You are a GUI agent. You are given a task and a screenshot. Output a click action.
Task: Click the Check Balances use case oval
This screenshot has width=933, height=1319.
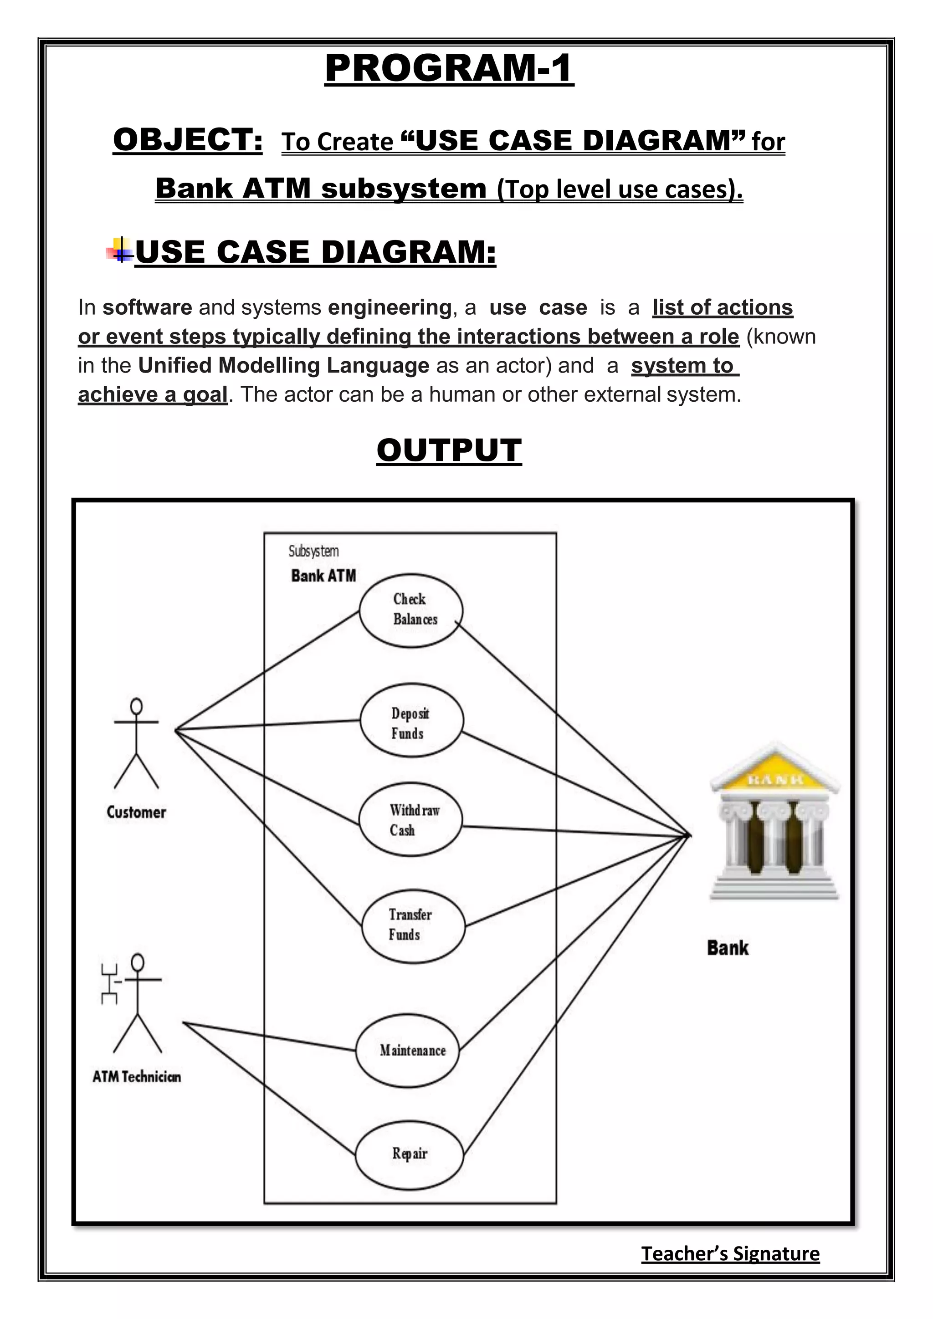pyautogui.click(x=411, y=610)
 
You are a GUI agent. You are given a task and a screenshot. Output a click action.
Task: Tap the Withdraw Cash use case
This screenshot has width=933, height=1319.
pyautogui.click(x=410, y=820)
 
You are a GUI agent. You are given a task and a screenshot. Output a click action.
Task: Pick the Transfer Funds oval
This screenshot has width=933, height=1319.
pyautogui.click(x=412, y=925)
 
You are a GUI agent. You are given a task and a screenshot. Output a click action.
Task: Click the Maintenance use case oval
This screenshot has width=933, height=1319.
pyautogui.click(x=407, y=1051)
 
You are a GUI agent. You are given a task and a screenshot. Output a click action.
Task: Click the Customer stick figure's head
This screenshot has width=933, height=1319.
pyautogui.click(x=136, y=706)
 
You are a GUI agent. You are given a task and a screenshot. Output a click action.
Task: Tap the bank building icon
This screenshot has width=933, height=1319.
pyautogui.click(x=774, y=822)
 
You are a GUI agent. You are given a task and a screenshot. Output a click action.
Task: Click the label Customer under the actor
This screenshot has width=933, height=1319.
pyautogui.click(x=136, y=813)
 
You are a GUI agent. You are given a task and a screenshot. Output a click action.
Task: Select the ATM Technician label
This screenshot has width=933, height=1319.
pyautogui.click(x=137, y=1077)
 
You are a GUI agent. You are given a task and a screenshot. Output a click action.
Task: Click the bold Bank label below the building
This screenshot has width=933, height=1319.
pyautogui.click(x=728, y=948)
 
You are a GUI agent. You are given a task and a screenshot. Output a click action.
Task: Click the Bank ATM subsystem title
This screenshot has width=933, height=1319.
pyautogui.click(x=323, y=576)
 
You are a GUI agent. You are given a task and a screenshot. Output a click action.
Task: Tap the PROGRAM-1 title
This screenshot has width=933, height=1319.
pyautogui.click(x=449, y=68)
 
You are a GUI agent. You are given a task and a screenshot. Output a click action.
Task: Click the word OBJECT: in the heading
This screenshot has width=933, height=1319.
pyautogui.click(x=188, y=140)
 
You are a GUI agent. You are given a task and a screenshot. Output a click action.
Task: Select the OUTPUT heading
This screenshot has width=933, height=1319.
pyautogui.click(x=449, y=450)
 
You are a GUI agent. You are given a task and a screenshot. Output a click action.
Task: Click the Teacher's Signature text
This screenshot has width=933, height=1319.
pyautogui.click(x=730, y=1253)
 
